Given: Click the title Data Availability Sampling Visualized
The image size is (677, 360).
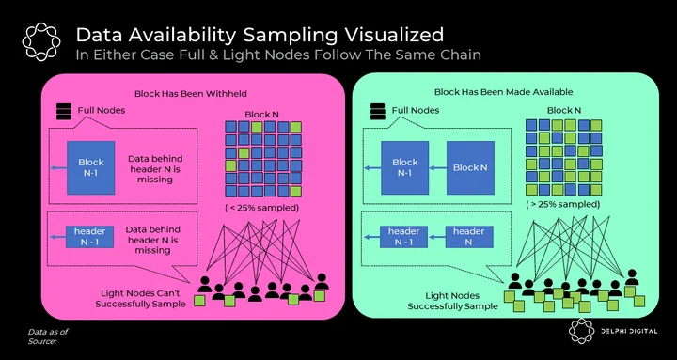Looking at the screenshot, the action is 260,35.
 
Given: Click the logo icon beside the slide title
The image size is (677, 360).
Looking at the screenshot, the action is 41,41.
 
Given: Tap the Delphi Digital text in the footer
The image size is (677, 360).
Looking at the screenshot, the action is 630,331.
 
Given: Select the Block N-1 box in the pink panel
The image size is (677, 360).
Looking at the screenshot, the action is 90,167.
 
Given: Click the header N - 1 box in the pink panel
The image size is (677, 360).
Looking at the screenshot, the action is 89,237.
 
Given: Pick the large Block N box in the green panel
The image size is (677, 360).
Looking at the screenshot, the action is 470,167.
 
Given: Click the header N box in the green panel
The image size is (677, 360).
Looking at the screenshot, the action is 468,237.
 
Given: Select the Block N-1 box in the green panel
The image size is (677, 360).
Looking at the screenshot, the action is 404,167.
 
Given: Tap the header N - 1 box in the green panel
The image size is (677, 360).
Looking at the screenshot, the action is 403,237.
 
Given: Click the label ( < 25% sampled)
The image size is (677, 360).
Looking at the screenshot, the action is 261,208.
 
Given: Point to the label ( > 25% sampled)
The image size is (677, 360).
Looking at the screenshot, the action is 562,204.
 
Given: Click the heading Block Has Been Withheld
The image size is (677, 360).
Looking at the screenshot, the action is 190,93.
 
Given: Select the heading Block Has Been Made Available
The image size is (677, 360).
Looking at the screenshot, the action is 503,92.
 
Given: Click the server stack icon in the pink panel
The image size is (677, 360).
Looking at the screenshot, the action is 64,112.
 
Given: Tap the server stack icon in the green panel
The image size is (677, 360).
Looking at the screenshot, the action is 377,112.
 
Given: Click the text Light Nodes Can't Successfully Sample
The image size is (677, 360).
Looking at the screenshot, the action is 140,299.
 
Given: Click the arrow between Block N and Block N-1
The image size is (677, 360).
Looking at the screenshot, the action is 437,168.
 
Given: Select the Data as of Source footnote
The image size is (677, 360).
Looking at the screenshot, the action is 48,337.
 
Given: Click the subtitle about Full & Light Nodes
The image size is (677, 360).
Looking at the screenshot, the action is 278,55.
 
